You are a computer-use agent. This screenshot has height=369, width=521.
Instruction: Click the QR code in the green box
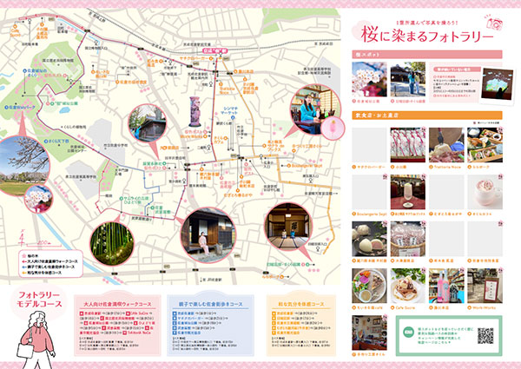(x=486, y=333)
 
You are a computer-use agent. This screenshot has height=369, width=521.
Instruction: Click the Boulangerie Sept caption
(x=370, y=211)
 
